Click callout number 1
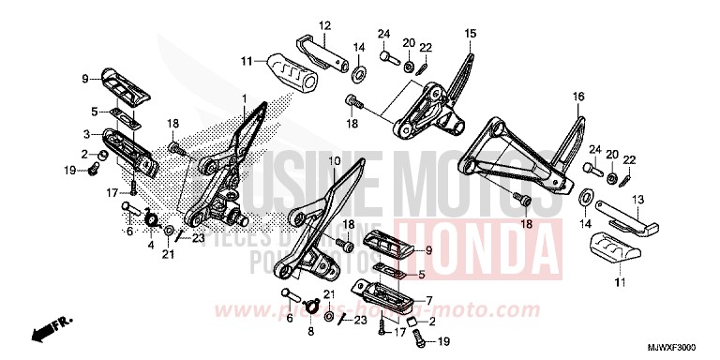[244, 98]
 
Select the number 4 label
[149, 246]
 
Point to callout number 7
[428, 302]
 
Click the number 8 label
[310, 331]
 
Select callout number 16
[578, 97]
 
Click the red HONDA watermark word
[473, 244]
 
